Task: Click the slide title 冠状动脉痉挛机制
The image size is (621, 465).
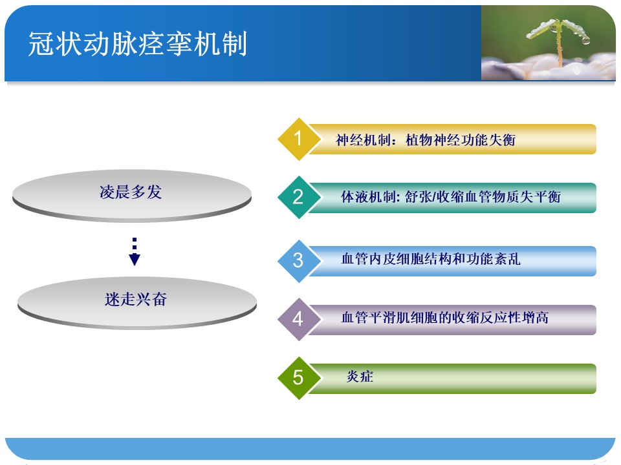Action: click(138, 43)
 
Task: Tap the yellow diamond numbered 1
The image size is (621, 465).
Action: click(299, 139)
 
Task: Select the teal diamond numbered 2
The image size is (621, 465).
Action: click(299, 198)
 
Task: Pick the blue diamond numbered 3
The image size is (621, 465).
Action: click(299, 261)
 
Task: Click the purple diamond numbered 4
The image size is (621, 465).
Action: click(299, 320)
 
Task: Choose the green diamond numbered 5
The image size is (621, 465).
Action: click(299, 378)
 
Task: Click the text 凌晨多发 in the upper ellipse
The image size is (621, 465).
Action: click(131, 192)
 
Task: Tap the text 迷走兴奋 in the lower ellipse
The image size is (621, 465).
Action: click(136, 299)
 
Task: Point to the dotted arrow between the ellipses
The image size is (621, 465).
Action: click(135, 251)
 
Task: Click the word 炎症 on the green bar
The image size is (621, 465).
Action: click(360, 377)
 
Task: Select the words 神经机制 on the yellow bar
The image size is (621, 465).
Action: click(363, 140)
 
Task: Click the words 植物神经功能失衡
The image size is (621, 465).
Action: click(461, 140)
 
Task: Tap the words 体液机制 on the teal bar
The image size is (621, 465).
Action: click(368, 196)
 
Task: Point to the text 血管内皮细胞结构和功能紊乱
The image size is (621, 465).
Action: click(431, 259)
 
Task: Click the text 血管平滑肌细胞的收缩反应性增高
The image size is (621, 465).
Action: click(445, 318)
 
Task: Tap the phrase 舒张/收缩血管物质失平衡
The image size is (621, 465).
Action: click(483, 196)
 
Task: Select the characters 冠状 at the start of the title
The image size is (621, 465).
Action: click(55, 43)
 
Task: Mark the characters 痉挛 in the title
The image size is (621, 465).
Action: click(166, 43)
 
